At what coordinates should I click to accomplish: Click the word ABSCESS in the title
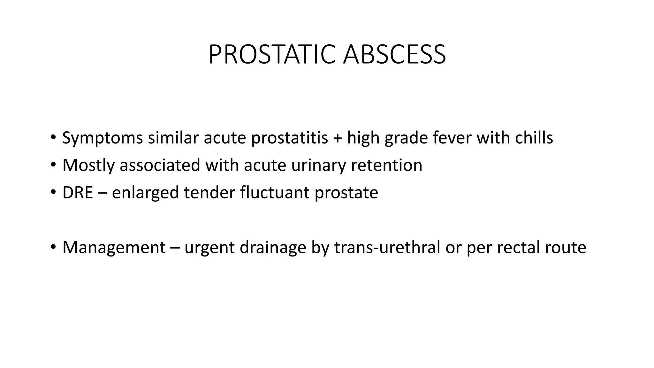[x=394, y=55]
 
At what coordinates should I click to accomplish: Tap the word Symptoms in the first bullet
[x=102, y=138]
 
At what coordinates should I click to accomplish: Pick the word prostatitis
[x=290, y=138]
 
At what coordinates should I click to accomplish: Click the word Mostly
[x=88, y=165]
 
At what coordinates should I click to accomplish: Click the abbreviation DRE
[x=78, y=193]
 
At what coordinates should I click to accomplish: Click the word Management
[x=114, y=248]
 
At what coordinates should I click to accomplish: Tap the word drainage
[x=273, y=248]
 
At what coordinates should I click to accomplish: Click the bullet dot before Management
[x=53, y=247]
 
